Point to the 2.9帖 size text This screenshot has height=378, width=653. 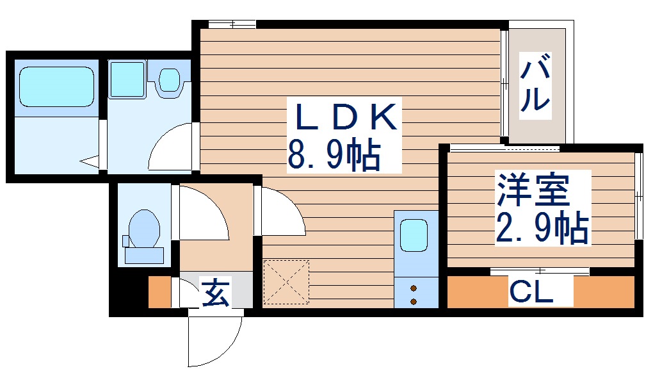click(542, 227)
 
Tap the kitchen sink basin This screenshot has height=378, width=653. click(414, 235)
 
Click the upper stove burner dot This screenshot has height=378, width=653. click(414, 288)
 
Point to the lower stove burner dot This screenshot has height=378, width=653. click(414, 301)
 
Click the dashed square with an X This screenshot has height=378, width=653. click(286, 282)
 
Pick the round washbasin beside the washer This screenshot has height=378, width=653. click(169, 79)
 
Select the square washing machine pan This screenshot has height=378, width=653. click(127, 79)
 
